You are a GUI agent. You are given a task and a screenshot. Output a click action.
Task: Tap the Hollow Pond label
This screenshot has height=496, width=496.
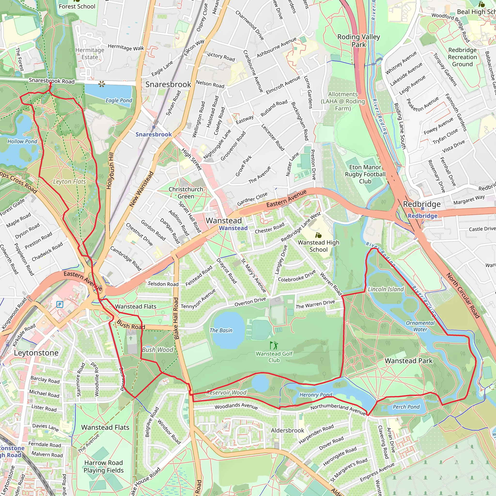point(22,141)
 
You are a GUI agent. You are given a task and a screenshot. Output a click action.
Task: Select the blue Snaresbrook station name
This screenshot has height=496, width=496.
point(154,134)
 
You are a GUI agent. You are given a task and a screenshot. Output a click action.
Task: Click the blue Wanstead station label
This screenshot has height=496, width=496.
point(233,228)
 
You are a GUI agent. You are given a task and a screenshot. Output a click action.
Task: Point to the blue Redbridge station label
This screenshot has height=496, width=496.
point(422,216)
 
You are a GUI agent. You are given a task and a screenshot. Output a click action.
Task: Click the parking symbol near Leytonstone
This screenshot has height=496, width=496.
point(60,304)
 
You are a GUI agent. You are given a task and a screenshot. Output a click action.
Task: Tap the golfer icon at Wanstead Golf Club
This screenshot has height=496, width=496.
point(274,345)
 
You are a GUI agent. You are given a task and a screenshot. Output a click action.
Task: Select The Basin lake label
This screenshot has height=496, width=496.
point(221,330)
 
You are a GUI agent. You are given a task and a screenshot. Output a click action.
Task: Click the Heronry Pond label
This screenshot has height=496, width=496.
point(316,395)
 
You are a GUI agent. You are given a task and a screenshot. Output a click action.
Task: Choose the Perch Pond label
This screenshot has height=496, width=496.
point(406,407)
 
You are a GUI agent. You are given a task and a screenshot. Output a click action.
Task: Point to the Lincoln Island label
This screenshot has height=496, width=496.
point(385,289)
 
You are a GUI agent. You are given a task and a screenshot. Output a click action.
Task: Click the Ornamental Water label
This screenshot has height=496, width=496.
point(420,326)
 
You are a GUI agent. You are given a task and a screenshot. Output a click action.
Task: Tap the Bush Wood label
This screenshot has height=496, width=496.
point(158,350)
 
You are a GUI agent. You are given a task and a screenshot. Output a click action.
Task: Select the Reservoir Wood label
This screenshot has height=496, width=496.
point(226,392)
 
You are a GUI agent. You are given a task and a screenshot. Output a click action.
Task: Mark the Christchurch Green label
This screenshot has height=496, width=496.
point(186,193)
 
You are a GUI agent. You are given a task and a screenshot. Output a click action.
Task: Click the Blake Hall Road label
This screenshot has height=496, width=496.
point(176,318)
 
